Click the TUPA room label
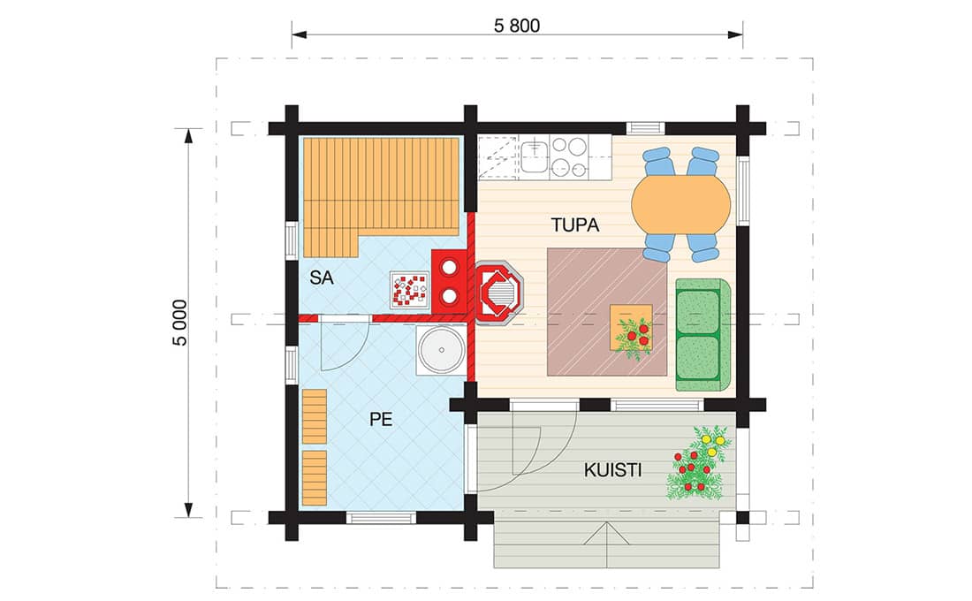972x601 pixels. click(574, 224)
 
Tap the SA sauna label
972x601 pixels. click(322, 278)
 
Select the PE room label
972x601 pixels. click(381, 419)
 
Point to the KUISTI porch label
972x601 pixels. click(612, 470)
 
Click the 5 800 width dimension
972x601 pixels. click(516, 26)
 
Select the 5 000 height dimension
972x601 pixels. click(179, 323)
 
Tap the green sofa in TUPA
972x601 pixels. click(702, 335)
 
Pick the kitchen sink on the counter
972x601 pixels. click(534, 156)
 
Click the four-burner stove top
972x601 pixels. click(569, 156)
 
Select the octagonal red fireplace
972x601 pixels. click(499, 293)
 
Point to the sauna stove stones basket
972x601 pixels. click(410, 290)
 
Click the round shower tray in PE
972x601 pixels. click(441, 350)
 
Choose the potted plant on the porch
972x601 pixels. click(699, 463)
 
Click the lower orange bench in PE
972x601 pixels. click(315, 477)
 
